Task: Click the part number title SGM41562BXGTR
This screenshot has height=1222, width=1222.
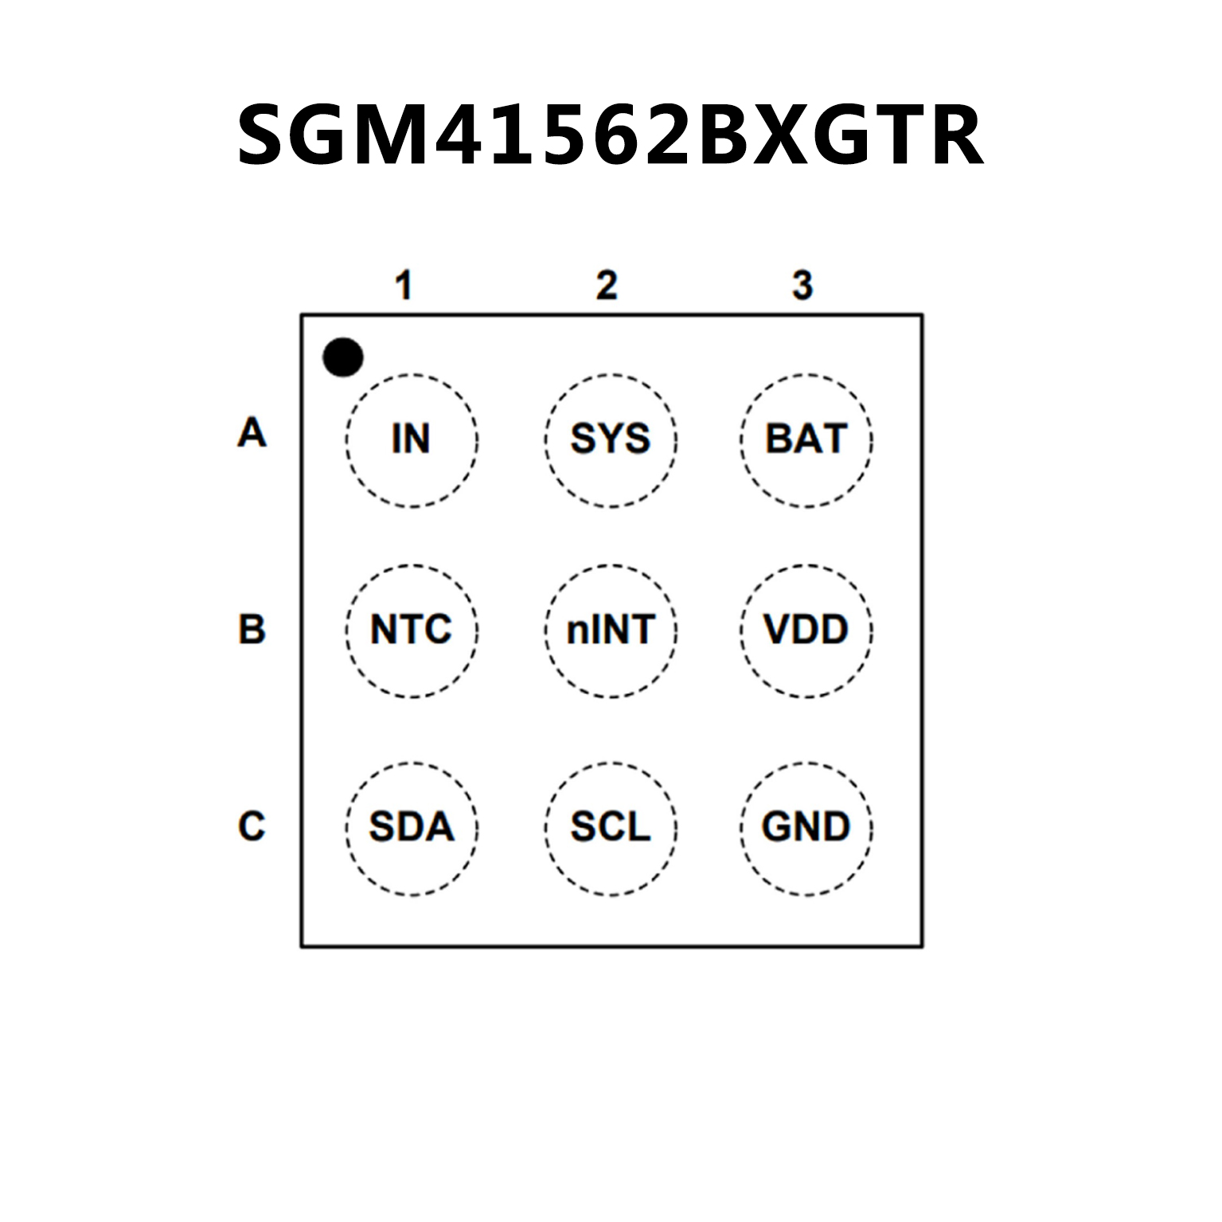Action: point(611,135)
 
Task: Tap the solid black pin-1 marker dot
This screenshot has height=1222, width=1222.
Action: point(343,357)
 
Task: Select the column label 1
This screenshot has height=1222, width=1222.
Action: point(404,286)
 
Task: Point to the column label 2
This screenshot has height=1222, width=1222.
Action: point(607,286)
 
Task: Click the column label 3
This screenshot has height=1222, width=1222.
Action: point(802,286)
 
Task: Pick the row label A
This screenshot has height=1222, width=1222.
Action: point(252,433)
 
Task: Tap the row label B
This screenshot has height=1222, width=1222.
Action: point(252,629)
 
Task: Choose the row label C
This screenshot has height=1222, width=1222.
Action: point(252,826)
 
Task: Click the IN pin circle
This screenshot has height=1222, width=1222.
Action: point(412,439)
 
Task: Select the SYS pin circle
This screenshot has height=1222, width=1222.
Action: point(611,439)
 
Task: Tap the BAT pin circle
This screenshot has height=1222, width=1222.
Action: point(806,439)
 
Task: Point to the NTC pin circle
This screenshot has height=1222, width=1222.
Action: point(412,631)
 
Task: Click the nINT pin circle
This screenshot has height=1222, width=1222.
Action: point(611,631)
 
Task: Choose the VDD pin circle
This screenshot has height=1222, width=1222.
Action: point(806,631)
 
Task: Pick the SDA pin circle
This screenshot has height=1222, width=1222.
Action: point(412,828)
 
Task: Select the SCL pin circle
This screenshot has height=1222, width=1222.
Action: point(611,828)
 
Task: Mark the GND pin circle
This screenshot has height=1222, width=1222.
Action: point(806,828)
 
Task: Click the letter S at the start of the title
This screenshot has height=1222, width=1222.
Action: point(269,135)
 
